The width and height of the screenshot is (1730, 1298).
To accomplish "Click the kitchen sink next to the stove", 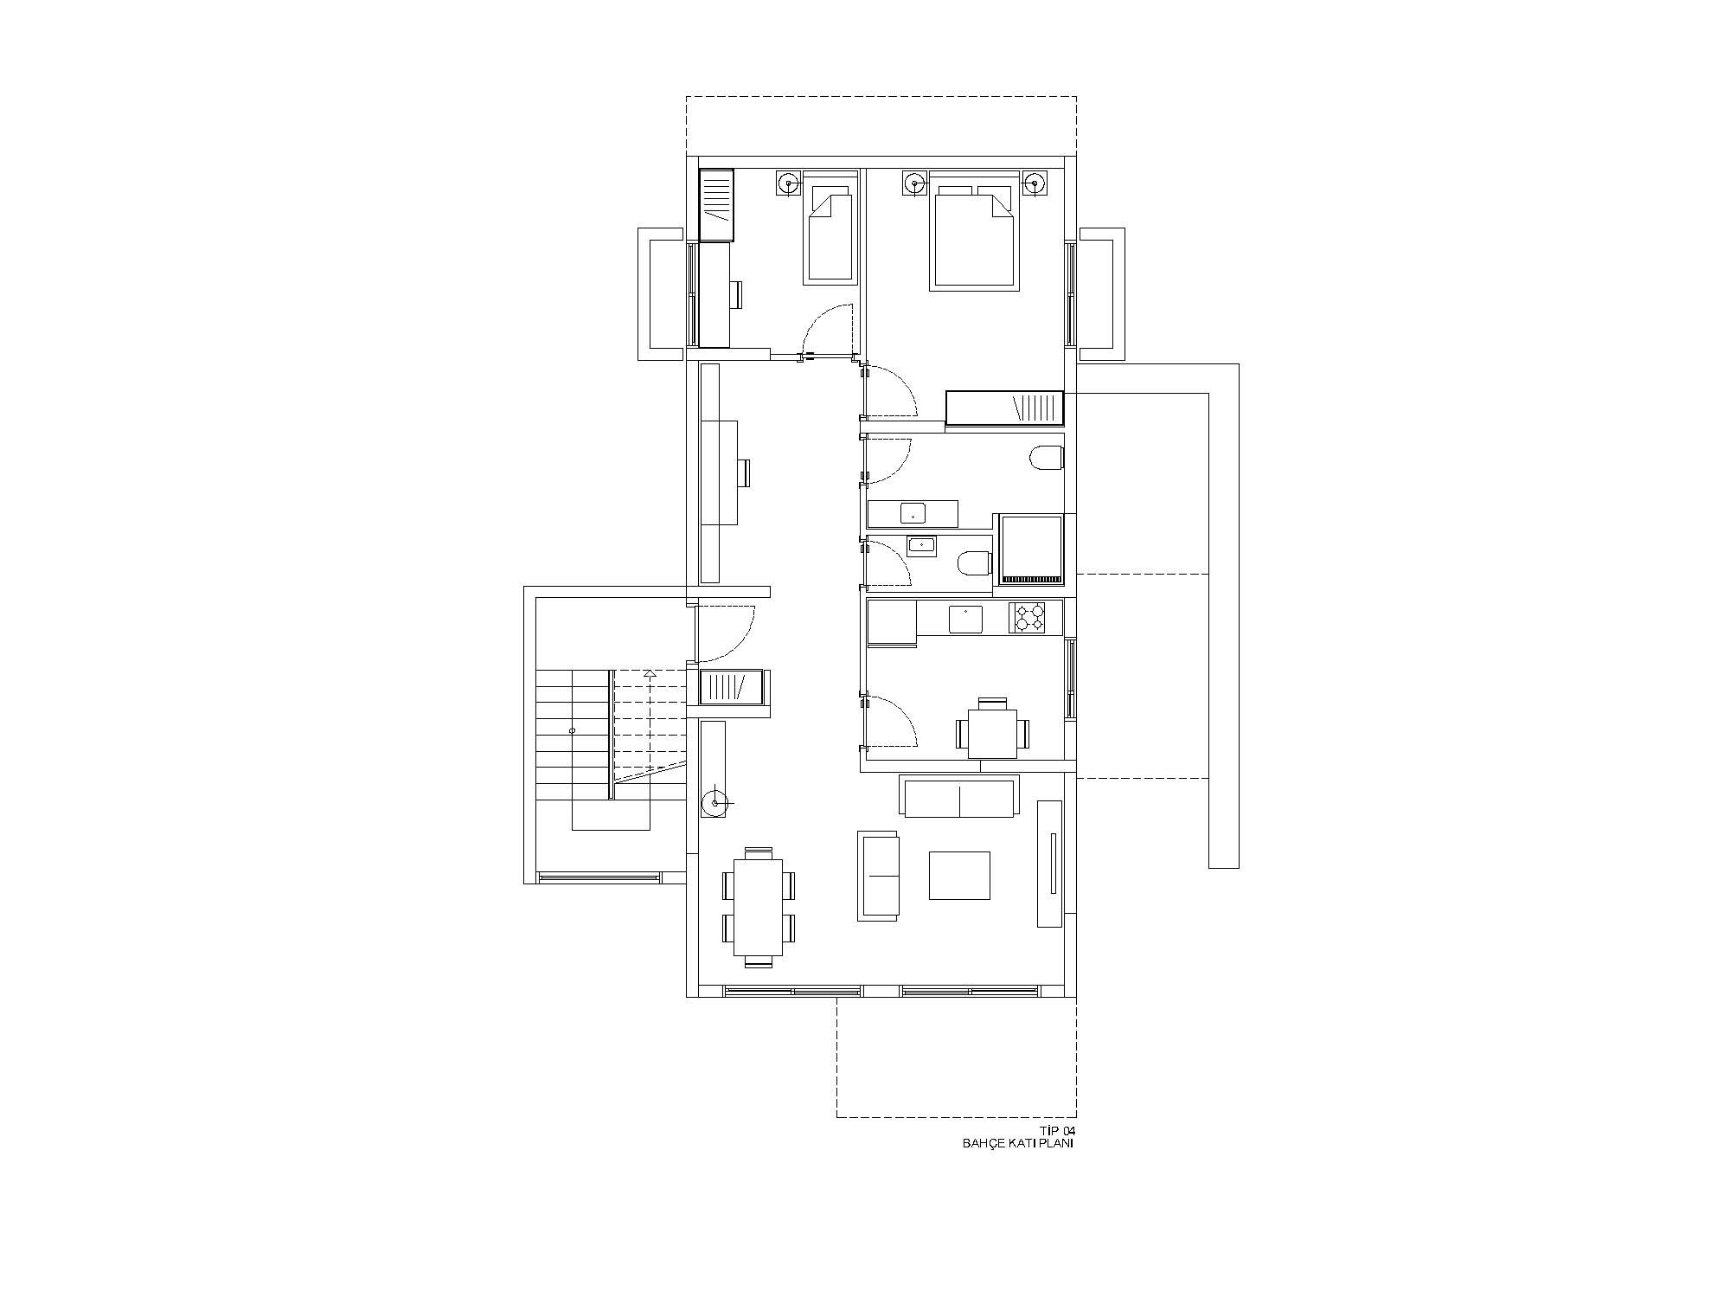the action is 965,619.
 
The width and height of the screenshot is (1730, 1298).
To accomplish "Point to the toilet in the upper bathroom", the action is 1047,458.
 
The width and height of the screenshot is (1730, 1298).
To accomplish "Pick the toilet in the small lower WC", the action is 976,563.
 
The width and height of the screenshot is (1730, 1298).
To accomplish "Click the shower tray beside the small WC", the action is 1031,549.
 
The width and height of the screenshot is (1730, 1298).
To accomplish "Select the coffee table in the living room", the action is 959,876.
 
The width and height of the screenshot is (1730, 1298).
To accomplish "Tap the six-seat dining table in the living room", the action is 759,907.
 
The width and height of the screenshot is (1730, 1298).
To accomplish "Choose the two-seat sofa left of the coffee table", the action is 879,876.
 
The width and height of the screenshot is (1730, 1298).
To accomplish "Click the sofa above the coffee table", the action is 959,797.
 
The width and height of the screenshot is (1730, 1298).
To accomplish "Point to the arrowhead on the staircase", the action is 650,672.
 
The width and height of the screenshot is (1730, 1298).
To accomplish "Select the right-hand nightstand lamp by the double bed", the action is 1034,183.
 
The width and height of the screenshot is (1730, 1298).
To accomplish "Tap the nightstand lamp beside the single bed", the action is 788,183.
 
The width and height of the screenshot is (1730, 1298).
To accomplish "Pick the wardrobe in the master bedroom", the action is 1004,408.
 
